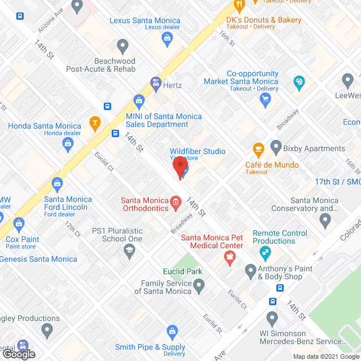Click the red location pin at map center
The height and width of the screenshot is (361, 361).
[180, 168]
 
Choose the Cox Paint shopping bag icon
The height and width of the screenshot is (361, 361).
[20, 223]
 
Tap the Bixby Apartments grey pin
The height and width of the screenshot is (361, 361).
[276, 148]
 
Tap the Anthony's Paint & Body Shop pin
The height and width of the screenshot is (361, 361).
[251, 272]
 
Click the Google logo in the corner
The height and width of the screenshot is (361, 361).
[19, 354]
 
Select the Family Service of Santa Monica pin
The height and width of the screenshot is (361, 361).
[199, 287]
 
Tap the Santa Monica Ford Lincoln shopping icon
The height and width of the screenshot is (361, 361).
[57, 183]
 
